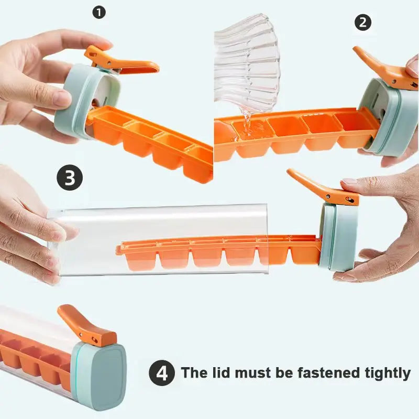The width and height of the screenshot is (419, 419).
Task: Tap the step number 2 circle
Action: (363, 23)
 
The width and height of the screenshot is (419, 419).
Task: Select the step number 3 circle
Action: (70, 178)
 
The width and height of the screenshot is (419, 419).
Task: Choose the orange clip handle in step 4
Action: (84, 325)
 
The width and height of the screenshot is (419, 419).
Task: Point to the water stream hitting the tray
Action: (245, 123)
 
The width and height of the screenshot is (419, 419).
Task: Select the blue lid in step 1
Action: (79, 100)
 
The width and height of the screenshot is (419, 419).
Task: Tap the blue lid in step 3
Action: (338, 236)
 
